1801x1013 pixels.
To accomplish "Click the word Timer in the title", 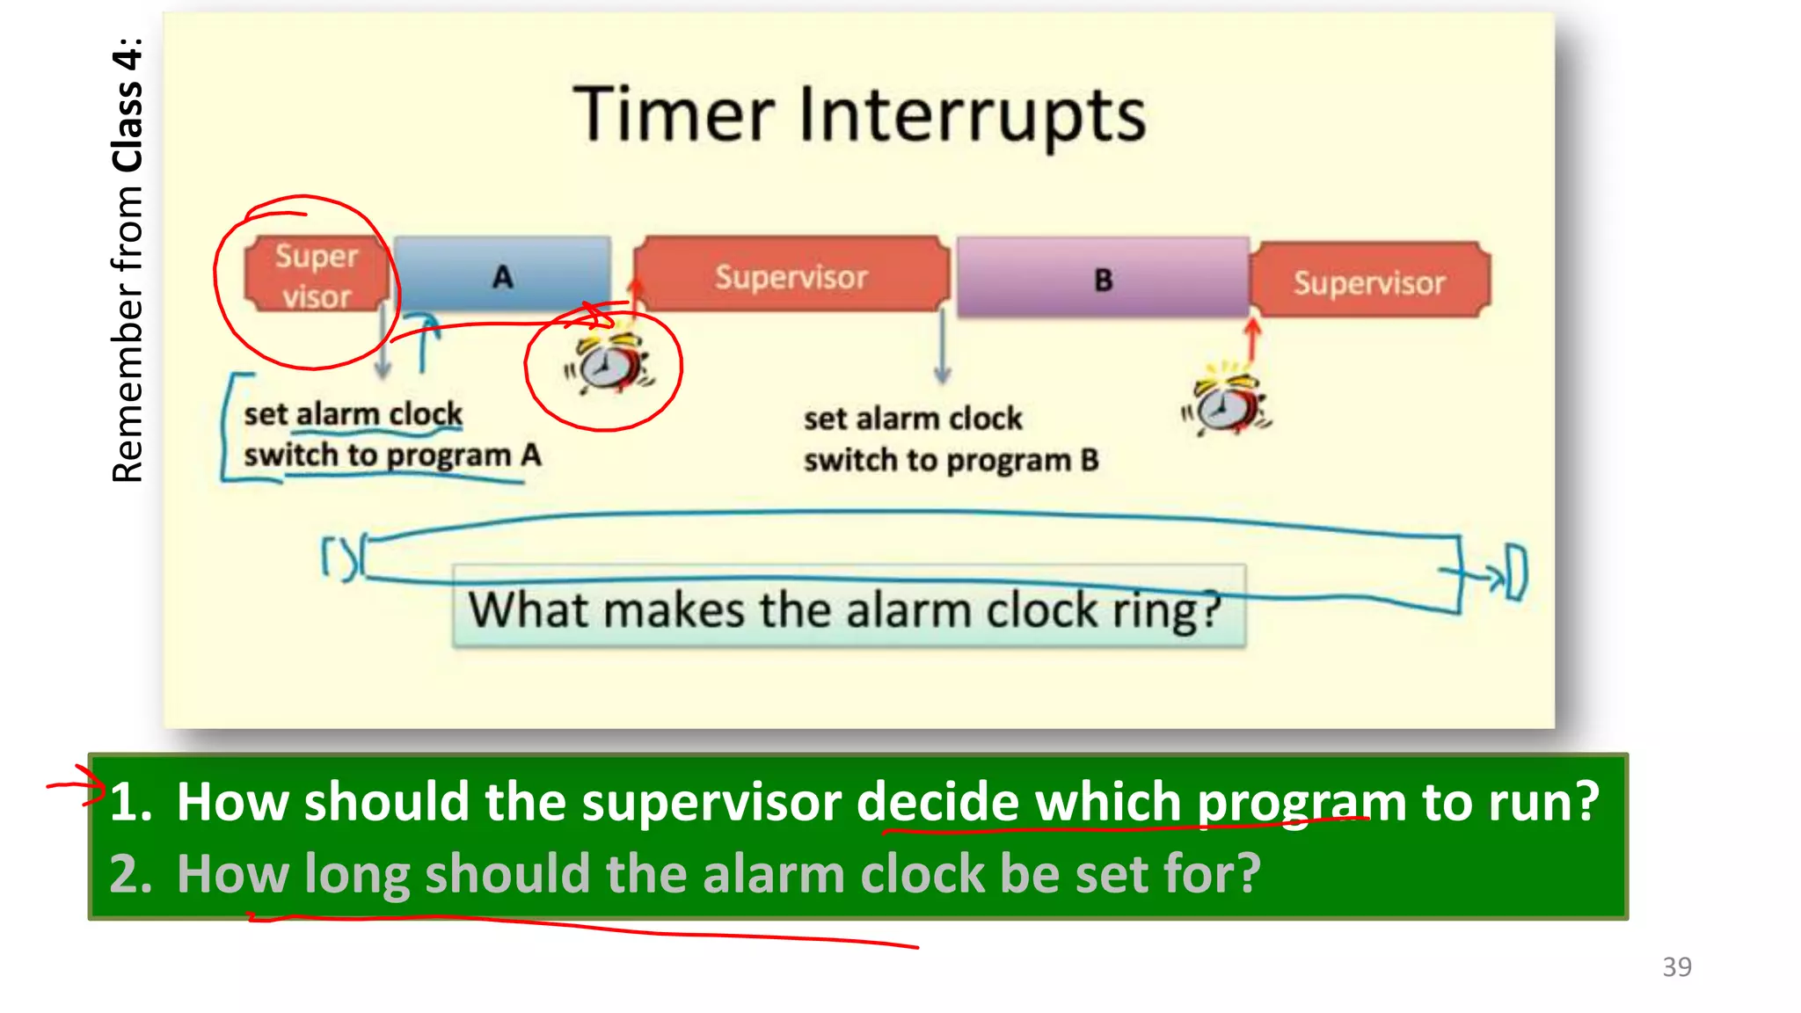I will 674,115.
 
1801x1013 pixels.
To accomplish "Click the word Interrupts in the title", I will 972,117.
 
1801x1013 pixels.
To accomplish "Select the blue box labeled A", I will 502,274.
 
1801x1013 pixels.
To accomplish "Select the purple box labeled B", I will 1103,279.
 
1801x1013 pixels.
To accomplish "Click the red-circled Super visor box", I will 317,275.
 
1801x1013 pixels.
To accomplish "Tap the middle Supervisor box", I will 791,276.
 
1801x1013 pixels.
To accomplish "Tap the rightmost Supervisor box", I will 1369,282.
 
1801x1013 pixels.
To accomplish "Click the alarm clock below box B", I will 1226,404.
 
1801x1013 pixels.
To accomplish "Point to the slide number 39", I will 1676,966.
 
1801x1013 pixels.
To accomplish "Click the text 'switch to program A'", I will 392,455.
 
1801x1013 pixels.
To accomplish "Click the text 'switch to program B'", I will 951,460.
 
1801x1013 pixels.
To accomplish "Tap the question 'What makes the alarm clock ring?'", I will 846,609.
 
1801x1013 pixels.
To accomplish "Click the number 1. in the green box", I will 130,802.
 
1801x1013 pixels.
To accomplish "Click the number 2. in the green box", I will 130,874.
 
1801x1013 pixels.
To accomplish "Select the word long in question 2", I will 357,874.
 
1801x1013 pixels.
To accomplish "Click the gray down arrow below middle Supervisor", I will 942,347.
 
